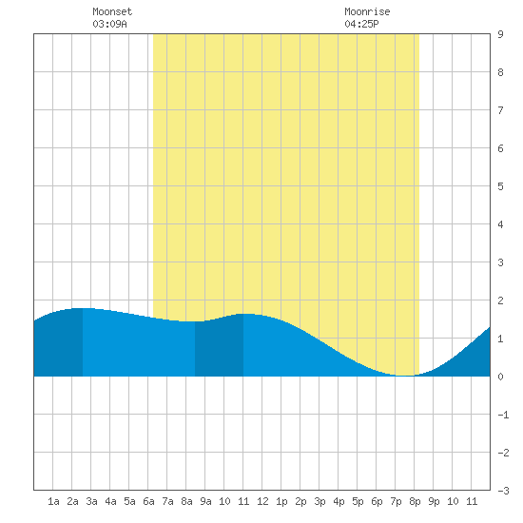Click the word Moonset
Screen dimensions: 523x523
[x=112, y=11]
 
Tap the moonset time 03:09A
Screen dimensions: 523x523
[x=109, y=24]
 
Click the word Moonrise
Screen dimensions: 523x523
[x=367, y=11]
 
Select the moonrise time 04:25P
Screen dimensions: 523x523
[x=362, y=24]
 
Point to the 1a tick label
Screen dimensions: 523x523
[x=53, y=501]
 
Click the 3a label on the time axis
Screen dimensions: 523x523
[x=91, y=501]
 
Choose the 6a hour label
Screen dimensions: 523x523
[x=148, y=501]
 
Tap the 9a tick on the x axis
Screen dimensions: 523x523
[x=205, y=501]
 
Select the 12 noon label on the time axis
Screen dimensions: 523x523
[x=262, y=501]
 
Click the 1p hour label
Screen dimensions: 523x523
[x=281, y=501]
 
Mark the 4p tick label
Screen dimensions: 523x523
[x=339, y=501]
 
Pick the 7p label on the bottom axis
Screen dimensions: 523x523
[x=396, y=501]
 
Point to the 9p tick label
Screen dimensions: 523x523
[x=434, y=501]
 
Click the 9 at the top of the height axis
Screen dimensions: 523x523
[x=500, y=34]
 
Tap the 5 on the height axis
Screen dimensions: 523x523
[x=500, y=186]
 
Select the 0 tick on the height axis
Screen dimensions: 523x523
[x=500, y=377]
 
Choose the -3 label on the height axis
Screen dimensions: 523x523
[x=503, y=491]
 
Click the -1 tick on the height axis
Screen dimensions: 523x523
[x=503, y=415]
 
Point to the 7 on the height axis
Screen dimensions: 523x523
[x=500, y=110]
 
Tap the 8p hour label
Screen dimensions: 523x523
[x=415, y=501]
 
